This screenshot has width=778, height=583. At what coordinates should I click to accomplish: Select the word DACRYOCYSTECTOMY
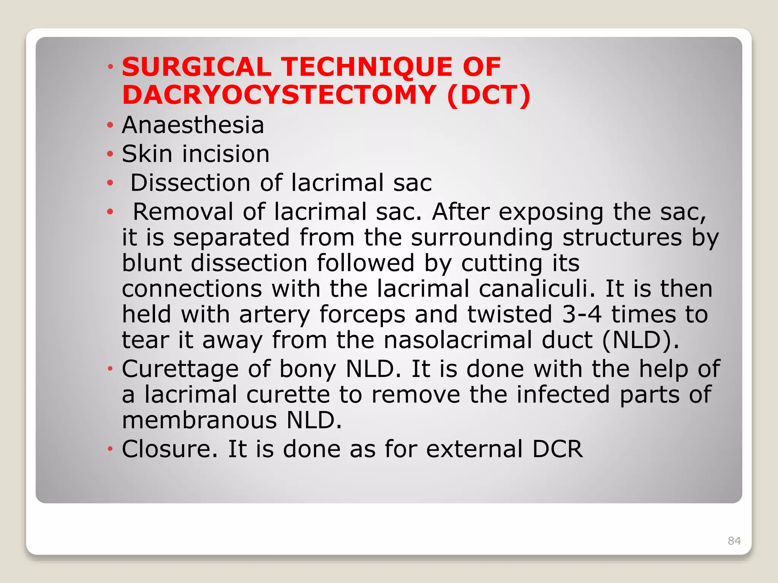click(x=279, y=95)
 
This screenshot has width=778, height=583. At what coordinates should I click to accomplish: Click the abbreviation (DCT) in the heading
click(x=489, y=95)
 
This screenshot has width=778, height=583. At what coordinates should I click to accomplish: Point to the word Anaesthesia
click(x=193, y=125)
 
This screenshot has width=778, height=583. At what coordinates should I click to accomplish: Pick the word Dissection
click(x=190, y=183)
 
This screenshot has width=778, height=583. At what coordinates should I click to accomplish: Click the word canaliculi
click(x=537, y=288)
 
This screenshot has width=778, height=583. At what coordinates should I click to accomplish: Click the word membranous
click(x=199, y=420)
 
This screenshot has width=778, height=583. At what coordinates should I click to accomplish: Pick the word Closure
click(x=169, y=449)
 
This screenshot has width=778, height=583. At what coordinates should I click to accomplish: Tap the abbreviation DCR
click(x=557, y=449)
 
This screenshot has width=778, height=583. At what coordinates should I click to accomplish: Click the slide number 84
click(x=734, y=540)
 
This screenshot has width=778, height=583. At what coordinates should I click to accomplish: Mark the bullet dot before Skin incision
click(x=110, y=154)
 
